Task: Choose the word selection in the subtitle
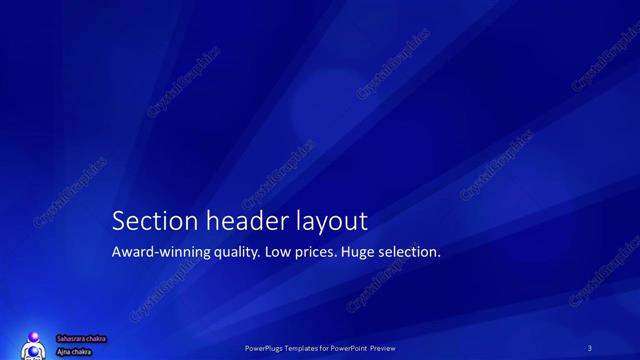point(410,252)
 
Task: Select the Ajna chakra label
point(75,351)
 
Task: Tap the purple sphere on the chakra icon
point(35,338)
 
